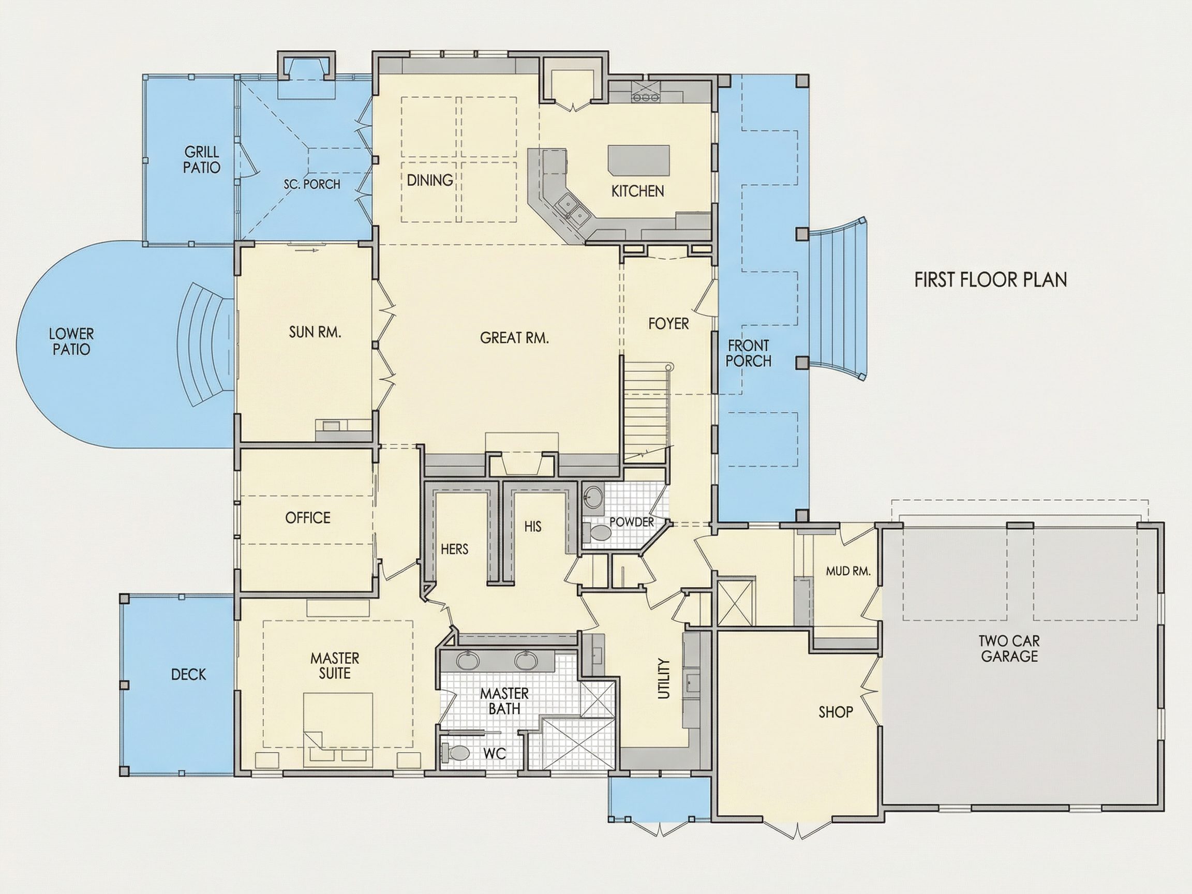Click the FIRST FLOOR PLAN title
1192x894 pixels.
point(990,280)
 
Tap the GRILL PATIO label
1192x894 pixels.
point(202,159)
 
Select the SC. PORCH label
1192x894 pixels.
point(312,184)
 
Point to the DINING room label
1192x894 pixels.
point(429,180)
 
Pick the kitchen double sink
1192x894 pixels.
point(573,211)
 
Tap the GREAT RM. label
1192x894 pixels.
point(514,338)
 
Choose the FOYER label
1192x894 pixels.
point(668,323)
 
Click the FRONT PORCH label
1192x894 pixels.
point(748,353)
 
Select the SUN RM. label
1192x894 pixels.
point(315,332)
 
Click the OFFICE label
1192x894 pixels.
point(308,518)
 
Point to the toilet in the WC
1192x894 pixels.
point(452,752)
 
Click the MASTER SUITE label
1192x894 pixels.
point(335,665)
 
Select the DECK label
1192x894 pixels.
point(189,674)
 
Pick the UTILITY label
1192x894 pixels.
point(664,679)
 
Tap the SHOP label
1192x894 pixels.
point(836,712)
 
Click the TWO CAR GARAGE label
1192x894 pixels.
point(1009,648)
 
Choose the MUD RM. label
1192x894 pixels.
point(848,571)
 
